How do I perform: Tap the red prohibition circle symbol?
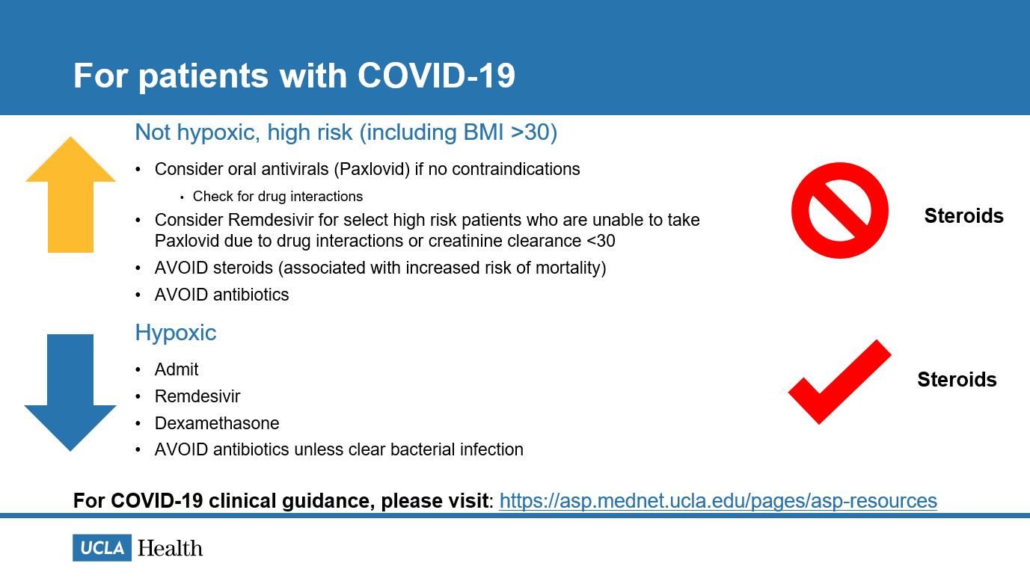tap(839, 211)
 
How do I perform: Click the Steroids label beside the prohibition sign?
tap(963, 216)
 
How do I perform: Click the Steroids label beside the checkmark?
tap(957, 380)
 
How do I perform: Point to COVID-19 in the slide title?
tap(436, 76)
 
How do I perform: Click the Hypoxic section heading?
tap(175, 333)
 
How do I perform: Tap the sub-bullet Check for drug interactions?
tap(278, 197)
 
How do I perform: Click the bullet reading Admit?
tap(177, 369)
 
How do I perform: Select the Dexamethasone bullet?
tap(217, 423)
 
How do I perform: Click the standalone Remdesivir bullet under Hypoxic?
tap(197, 396)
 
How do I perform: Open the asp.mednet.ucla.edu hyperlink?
tap(717, 500)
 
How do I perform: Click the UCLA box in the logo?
tap(102, 548)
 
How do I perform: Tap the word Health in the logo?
tap(170, 548)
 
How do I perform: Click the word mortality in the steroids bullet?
tap(568, 268)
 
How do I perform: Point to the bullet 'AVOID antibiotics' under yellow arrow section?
tap(221, 295)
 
